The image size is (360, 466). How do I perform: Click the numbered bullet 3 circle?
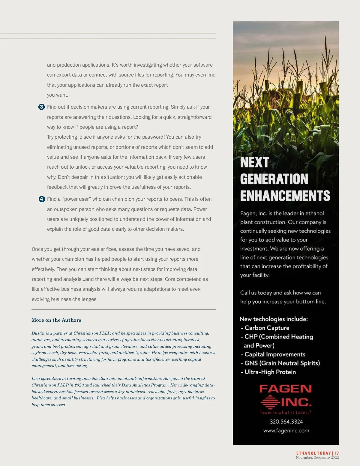point(42,107)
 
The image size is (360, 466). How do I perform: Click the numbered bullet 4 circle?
point(42,199)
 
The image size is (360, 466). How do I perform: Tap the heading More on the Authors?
point(56,320)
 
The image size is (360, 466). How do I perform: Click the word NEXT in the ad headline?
point(254,162)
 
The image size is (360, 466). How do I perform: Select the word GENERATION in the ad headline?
point(274,179)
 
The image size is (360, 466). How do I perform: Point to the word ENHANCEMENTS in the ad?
point(285,196)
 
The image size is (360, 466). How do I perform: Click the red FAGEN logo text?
point(285,389)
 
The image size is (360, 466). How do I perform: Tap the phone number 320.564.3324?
point(286,422)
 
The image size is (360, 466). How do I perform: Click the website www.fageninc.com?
point(286,431)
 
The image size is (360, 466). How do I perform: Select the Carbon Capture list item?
point(267,328)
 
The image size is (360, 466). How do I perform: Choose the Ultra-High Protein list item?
point(270,372)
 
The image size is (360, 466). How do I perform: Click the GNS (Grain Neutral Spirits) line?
point(282,363)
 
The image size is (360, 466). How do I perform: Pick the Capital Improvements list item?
point(275,354)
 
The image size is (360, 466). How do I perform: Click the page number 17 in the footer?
point(337,453)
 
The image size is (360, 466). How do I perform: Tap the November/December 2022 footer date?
point(317,458)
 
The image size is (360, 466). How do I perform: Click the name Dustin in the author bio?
point(38,333)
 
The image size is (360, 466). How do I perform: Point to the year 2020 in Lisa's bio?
point(79,385)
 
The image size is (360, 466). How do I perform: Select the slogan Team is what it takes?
point(285,413)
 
